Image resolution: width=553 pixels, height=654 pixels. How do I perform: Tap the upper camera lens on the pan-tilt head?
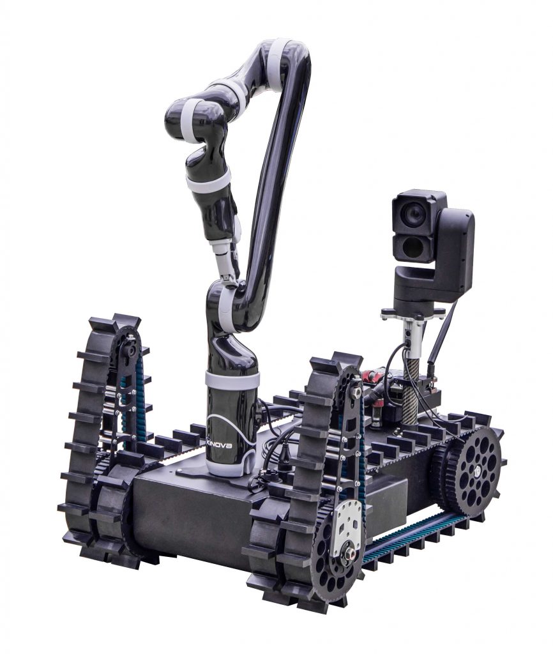(414, 215)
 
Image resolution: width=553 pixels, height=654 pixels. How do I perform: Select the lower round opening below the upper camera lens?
(413, 247)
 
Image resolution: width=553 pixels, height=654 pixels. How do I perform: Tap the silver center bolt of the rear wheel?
(476, 471)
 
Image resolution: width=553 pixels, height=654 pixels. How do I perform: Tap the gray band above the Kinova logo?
(232, 380)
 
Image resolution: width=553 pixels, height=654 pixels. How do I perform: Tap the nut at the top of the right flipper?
(355, 392)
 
